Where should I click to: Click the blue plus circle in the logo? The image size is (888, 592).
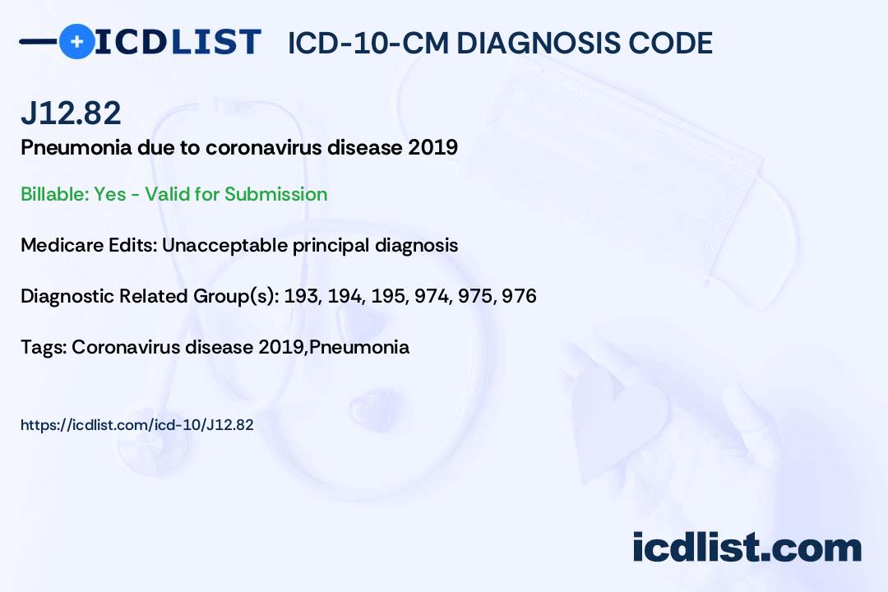point(76,41)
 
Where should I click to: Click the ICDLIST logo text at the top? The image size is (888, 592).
point(178,41)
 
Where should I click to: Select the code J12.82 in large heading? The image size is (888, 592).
point(71,113)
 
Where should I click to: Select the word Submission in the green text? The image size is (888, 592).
point(275,194)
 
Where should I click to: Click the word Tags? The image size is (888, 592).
point(41,347)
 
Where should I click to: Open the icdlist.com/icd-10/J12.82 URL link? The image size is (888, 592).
point(136,425)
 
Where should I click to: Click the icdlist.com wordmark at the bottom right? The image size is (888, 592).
point(747,547)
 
